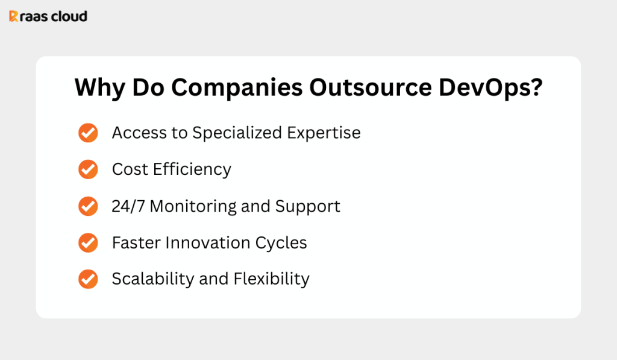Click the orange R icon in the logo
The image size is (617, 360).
point(13,16)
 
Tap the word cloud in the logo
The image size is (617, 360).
point(69,16)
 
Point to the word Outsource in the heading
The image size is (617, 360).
point(371,87)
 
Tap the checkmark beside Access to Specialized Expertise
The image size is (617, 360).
point(88,133)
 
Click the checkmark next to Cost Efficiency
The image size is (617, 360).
point(88,169)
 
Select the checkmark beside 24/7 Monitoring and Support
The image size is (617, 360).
point(88,206)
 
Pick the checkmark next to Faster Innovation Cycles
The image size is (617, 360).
point(88,242)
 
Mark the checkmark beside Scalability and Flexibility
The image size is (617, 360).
point(88,279)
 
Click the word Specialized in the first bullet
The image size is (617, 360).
point(237,133)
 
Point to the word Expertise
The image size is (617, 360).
point(324,133)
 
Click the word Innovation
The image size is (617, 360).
point(208,242)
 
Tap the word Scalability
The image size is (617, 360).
point(153,279)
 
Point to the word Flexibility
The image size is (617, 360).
point(272,279)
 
